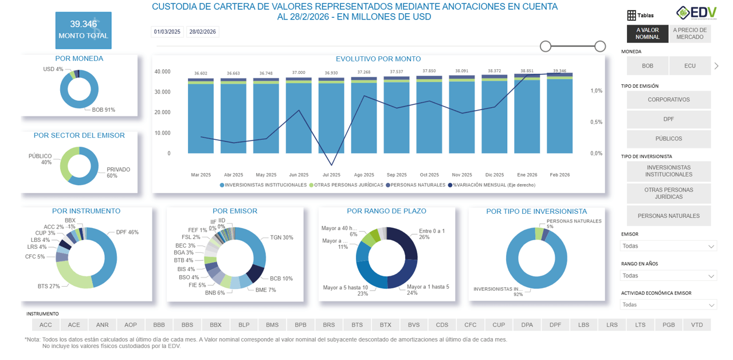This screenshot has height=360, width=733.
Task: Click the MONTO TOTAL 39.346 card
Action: (83, 30)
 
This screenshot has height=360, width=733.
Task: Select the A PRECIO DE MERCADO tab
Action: (689, 34)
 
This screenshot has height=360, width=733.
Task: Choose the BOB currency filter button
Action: (647, 66)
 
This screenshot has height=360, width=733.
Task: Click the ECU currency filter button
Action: (689, 66)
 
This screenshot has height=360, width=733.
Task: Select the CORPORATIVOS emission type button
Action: (668, 100)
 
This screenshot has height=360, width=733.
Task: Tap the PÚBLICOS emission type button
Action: (668, 139)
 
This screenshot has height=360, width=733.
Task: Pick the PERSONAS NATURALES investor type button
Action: (668, 216)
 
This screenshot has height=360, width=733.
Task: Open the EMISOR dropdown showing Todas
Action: (668, 246)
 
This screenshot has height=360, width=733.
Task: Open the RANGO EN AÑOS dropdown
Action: (668, 276)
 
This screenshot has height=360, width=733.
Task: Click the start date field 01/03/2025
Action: (167, 32)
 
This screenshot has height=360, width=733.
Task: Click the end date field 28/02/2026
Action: (202, 32)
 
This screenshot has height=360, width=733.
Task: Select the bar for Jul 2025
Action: (331, 118)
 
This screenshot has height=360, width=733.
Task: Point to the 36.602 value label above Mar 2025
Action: (201, 73)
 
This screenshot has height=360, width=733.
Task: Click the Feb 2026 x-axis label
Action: (559, 175)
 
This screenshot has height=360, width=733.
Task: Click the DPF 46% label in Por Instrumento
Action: (127, 232)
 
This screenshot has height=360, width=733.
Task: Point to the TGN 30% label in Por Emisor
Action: (281, 237)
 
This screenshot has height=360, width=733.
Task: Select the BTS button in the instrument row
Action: (357, 325)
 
